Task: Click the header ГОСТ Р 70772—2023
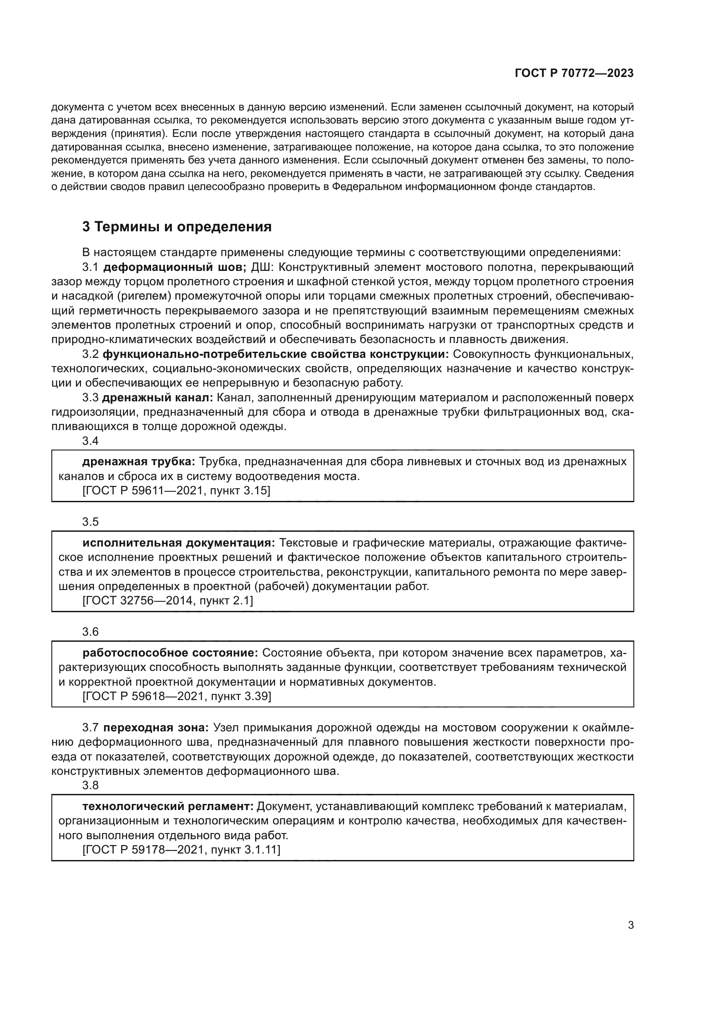[574, 73]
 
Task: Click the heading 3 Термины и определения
[177, 227]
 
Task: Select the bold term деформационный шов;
[175, 267]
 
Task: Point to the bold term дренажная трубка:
[139, 462]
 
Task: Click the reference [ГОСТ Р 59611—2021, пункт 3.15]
[176, 491]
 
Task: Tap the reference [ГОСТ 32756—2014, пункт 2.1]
[168, 600]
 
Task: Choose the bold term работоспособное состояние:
[170, 653]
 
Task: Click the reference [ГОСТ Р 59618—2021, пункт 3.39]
[176, 696]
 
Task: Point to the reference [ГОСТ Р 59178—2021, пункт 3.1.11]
[182, 850]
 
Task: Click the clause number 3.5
[91, 522]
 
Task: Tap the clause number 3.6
[91, 632]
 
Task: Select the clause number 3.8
[91, 785]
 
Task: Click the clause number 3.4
[91, 441]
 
